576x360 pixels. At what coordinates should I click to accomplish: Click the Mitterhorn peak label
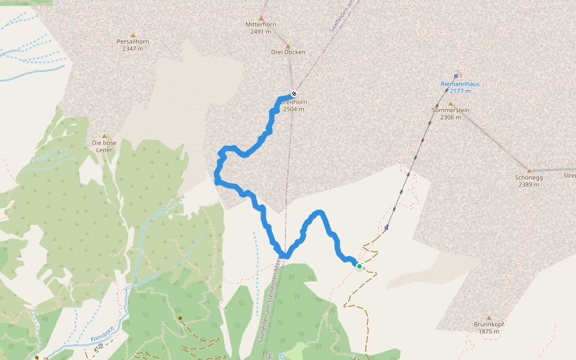point(261,25)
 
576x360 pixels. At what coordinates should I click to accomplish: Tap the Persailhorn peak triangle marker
point(133,35)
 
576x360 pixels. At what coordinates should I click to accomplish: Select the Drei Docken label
point(288,52)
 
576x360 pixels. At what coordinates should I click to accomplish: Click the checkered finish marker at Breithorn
point(294,94)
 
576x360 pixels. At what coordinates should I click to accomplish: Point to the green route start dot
point(359,266)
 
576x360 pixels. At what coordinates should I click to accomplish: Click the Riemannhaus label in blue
point(460,84)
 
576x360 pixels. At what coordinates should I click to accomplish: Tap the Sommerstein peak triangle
point(450,103)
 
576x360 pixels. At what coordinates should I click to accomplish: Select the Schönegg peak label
point(529,178)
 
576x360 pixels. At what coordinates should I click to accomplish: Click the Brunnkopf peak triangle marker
point(488,318)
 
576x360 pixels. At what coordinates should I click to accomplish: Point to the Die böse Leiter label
point(104,146)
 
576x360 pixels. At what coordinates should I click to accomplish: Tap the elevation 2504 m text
point(293,109)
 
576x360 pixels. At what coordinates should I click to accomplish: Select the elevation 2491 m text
point(261,31)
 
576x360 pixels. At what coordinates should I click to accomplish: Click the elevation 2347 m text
point(133,49)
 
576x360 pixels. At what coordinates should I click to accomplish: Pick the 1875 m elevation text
point(488,331)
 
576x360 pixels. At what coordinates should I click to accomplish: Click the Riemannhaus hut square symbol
point(456,76)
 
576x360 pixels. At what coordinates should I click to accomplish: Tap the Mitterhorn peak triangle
point(261,17)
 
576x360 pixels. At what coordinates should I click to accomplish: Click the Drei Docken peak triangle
point(287,46)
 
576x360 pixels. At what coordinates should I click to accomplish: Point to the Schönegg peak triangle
point(529,170)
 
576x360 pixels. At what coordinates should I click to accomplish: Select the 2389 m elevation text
point(529,185)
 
